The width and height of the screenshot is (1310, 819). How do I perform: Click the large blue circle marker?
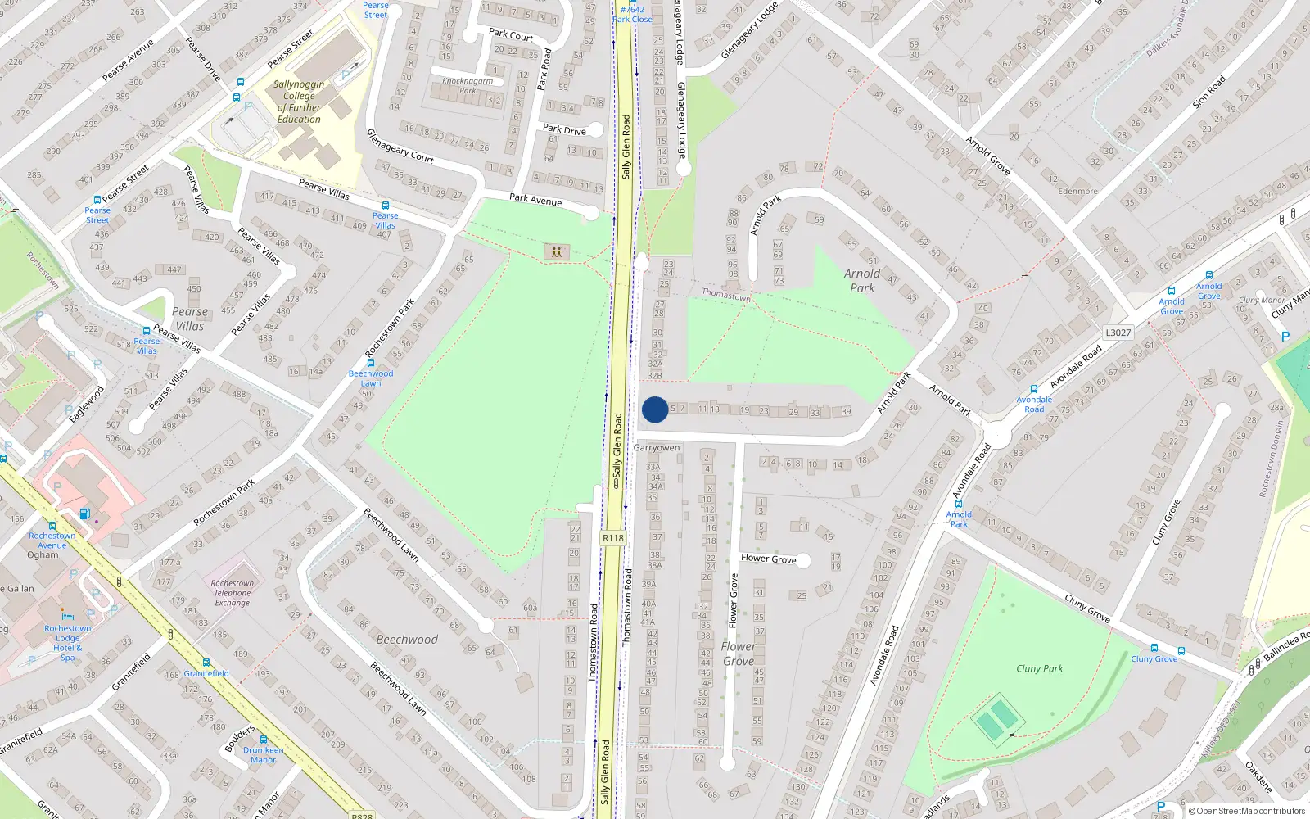click(x=654, y=409)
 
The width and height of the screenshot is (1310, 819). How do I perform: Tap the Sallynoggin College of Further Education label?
click(x=299, y=102)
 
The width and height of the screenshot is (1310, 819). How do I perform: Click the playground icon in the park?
click(x=557, y=251)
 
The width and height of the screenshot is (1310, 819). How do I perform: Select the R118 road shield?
click(x=612, y=538)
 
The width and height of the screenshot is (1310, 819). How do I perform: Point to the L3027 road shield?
click(x=1118, y=333)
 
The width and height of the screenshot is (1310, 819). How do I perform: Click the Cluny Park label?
click(x=1039, y=668)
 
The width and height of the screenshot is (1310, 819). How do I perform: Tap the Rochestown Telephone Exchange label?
click(x=233, y=593)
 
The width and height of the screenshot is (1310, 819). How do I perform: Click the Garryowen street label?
click(x=657, y=448)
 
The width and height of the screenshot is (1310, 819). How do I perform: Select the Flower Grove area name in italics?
click(x=739, y=654)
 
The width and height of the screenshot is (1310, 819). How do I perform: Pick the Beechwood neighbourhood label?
click(x=407, y=640)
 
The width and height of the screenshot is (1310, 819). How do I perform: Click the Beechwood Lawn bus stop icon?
click(x=371, y=362)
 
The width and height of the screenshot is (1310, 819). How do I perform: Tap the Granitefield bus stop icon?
click(x=206, y=663)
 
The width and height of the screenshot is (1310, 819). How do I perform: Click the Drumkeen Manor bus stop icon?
click(x=264, y=739)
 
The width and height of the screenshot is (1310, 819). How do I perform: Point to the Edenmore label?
click(x=1077, y=192)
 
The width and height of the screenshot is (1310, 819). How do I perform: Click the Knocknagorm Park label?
click(x=468, y=85)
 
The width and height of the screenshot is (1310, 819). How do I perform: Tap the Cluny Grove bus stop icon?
click(x=1154, y=648)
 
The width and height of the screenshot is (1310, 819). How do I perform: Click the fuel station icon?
click(x=85, y=514)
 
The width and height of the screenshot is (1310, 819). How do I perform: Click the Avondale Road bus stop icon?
click(x=1034, y=389)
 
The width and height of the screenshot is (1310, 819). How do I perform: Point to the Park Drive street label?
click(x=564, y=129)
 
